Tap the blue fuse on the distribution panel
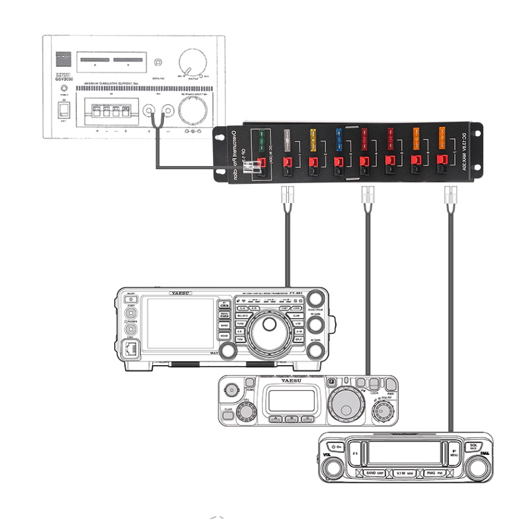(339, 138)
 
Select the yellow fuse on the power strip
(312, 139)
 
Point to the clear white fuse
(287, 139)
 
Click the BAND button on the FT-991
(225, 326)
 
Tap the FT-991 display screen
(171, 324)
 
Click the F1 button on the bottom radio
(354, 454)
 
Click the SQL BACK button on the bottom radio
(473, 447)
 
